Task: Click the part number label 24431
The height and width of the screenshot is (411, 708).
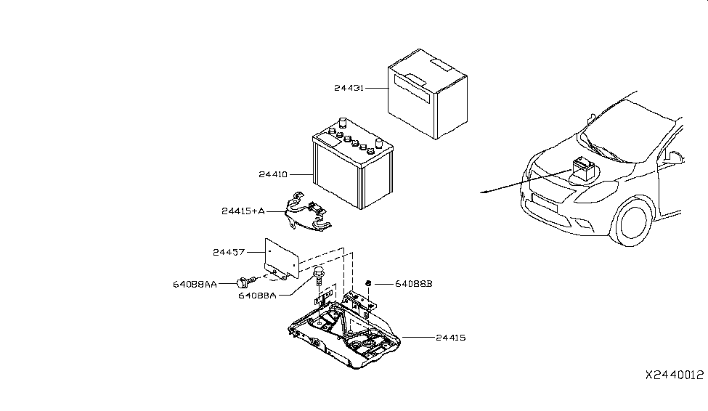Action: (x=349, y=88)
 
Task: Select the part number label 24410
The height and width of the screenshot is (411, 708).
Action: (x=273, y=174)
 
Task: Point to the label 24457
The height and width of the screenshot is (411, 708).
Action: (x=229, y=252)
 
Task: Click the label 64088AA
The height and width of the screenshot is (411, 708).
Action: (x=195, y=285)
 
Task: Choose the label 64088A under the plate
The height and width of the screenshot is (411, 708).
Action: (x=257, y=296)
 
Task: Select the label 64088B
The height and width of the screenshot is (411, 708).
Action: (x=413, y=284)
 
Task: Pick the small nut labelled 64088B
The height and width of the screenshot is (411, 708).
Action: (x=370, y=282)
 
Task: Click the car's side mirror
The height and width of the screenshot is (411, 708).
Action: (x=672, y=157)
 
